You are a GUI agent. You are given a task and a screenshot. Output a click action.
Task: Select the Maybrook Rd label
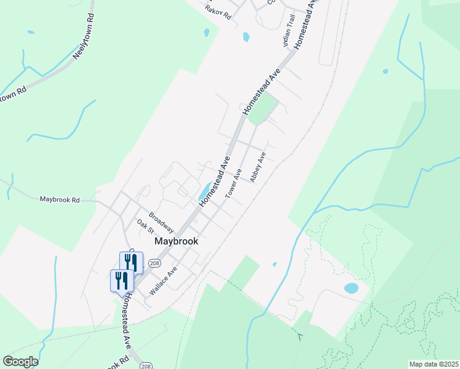click(60, 200)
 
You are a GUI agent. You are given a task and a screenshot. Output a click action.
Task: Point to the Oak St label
click(145, 226)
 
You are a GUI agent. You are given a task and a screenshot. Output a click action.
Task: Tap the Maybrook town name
click(176, 242)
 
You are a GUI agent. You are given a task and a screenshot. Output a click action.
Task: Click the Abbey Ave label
click(258, 167)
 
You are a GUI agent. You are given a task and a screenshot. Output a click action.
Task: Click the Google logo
click(20, 362)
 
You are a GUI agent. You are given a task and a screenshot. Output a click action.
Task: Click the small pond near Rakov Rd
click(246, 37)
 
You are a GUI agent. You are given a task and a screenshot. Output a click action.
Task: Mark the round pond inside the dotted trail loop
click(351, 288)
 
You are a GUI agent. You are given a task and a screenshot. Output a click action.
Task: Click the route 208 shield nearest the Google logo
click(146, 366)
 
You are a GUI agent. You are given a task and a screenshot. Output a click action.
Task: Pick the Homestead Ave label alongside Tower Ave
click(214, 181)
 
